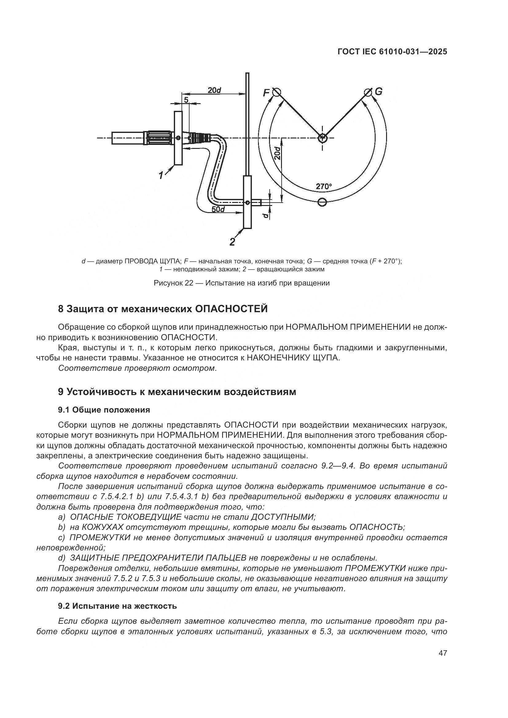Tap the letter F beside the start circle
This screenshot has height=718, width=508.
[x=266, y=93]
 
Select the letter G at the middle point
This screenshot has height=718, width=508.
[x=378, y=91]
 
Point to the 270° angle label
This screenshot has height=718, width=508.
[x=323, y=187]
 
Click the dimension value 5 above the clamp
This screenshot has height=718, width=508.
[x=186, y=100]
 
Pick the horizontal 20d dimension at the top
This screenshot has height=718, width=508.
[x=214, y=90]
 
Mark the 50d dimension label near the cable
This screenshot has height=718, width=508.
[x=218, y=209]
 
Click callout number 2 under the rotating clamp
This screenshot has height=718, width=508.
[x=232, y=242]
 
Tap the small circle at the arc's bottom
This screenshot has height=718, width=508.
[x=322, y=202]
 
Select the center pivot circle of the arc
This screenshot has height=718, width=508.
[x=322, y=138]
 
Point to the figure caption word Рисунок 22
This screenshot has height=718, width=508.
[x=173, y=283]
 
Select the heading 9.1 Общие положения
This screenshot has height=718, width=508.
[x=104, y=410]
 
